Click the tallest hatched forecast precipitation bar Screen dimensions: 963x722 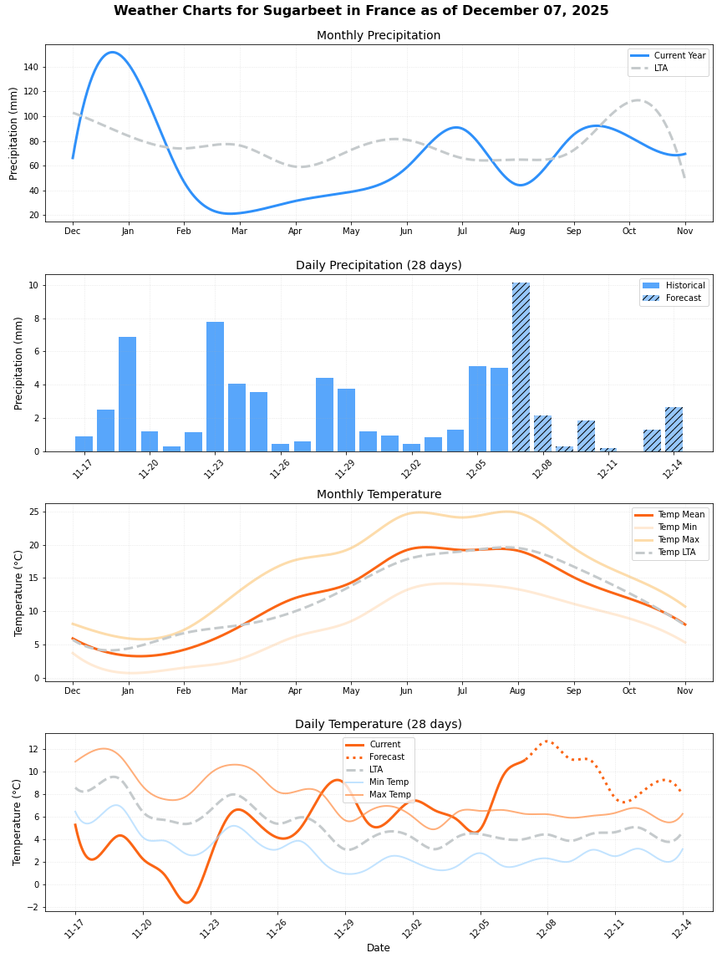click(x=521, y=368)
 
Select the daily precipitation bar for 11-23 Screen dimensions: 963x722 click(x=215, y=387)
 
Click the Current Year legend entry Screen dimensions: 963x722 click(x=677, y=55)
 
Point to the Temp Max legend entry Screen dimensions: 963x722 click(x=680, y=540)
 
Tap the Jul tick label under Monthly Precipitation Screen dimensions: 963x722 click(x=462, y=232)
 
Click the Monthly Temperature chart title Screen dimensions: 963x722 click(x=379, y=495)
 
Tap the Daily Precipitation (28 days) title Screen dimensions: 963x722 click(x=379, y=266)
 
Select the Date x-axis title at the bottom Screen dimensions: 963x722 click(x=379, y=948)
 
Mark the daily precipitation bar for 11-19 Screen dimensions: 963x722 click(x=127, y=394)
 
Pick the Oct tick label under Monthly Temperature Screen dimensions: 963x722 click(x=629, y=691)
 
